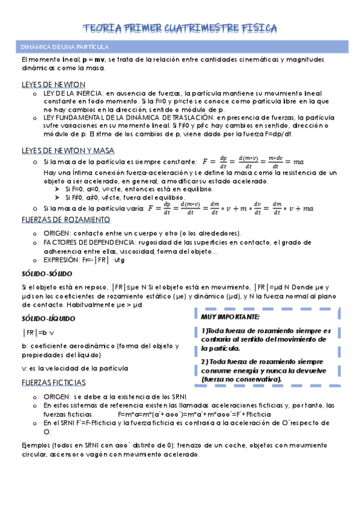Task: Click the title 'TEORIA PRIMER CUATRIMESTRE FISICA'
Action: point(180,28)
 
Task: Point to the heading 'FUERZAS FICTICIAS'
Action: point(53,382)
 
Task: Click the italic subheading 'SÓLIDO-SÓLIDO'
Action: point(44,274)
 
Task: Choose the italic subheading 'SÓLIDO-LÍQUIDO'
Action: point(46,318)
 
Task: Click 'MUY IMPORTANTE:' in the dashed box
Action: point(231,316)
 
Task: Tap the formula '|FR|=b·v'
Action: point(38,332)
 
